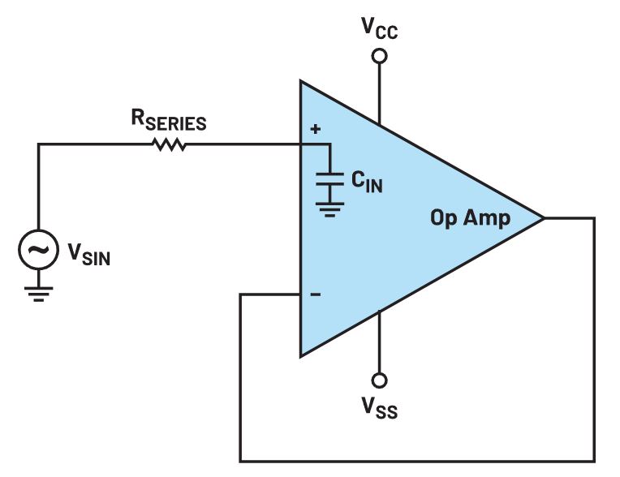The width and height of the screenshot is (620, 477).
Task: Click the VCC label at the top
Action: click(379, 30)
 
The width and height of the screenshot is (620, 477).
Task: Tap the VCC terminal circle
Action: click(379, 56)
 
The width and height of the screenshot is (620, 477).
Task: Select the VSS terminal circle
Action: click(379, 380)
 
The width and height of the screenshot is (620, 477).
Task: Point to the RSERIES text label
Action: click(169, 122)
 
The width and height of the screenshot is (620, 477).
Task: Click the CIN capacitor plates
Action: click(329, 179)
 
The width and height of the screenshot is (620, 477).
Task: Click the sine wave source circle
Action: click(38, 252)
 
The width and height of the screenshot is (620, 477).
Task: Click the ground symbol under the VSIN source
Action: click(38, 292)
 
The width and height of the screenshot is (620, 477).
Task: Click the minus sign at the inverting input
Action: click(316, 295)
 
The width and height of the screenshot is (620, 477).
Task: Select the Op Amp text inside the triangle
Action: click(470, 218)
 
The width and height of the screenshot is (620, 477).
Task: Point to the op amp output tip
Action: click(542, 218)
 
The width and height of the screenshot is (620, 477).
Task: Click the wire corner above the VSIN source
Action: click(38, 145)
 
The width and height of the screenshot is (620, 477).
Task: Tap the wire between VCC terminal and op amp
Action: click(379, 93)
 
